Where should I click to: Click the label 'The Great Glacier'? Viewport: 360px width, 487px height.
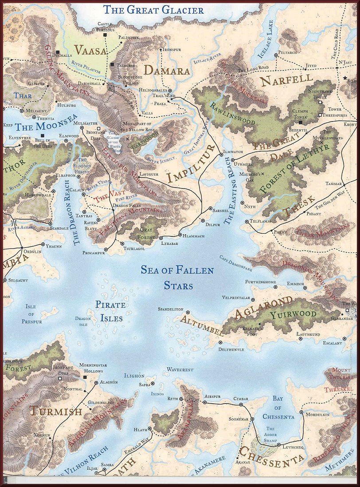[153, 9]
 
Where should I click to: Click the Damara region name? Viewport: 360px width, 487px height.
[167, 71]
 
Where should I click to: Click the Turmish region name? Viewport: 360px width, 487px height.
[56, 411]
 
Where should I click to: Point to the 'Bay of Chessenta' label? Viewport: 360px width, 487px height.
[278, 408]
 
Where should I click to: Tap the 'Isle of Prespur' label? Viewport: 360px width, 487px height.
[31, 314]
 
